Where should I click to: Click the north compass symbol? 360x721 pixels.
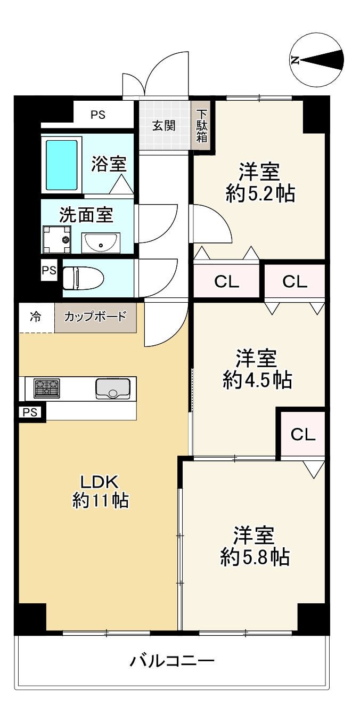316,60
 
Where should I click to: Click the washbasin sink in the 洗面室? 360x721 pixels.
101,243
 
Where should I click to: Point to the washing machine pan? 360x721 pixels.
56,240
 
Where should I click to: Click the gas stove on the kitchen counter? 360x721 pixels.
46,388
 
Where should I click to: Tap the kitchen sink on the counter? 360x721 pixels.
113,388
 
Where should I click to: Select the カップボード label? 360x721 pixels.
95,317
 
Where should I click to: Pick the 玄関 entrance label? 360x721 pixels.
163,126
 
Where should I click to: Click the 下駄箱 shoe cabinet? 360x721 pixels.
202,126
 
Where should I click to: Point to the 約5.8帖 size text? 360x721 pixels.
255,557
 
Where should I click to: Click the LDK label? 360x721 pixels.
99,482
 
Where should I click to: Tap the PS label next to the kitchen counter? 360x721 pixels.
30,412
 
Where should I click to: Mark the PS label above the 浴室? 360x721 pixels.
97,114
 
